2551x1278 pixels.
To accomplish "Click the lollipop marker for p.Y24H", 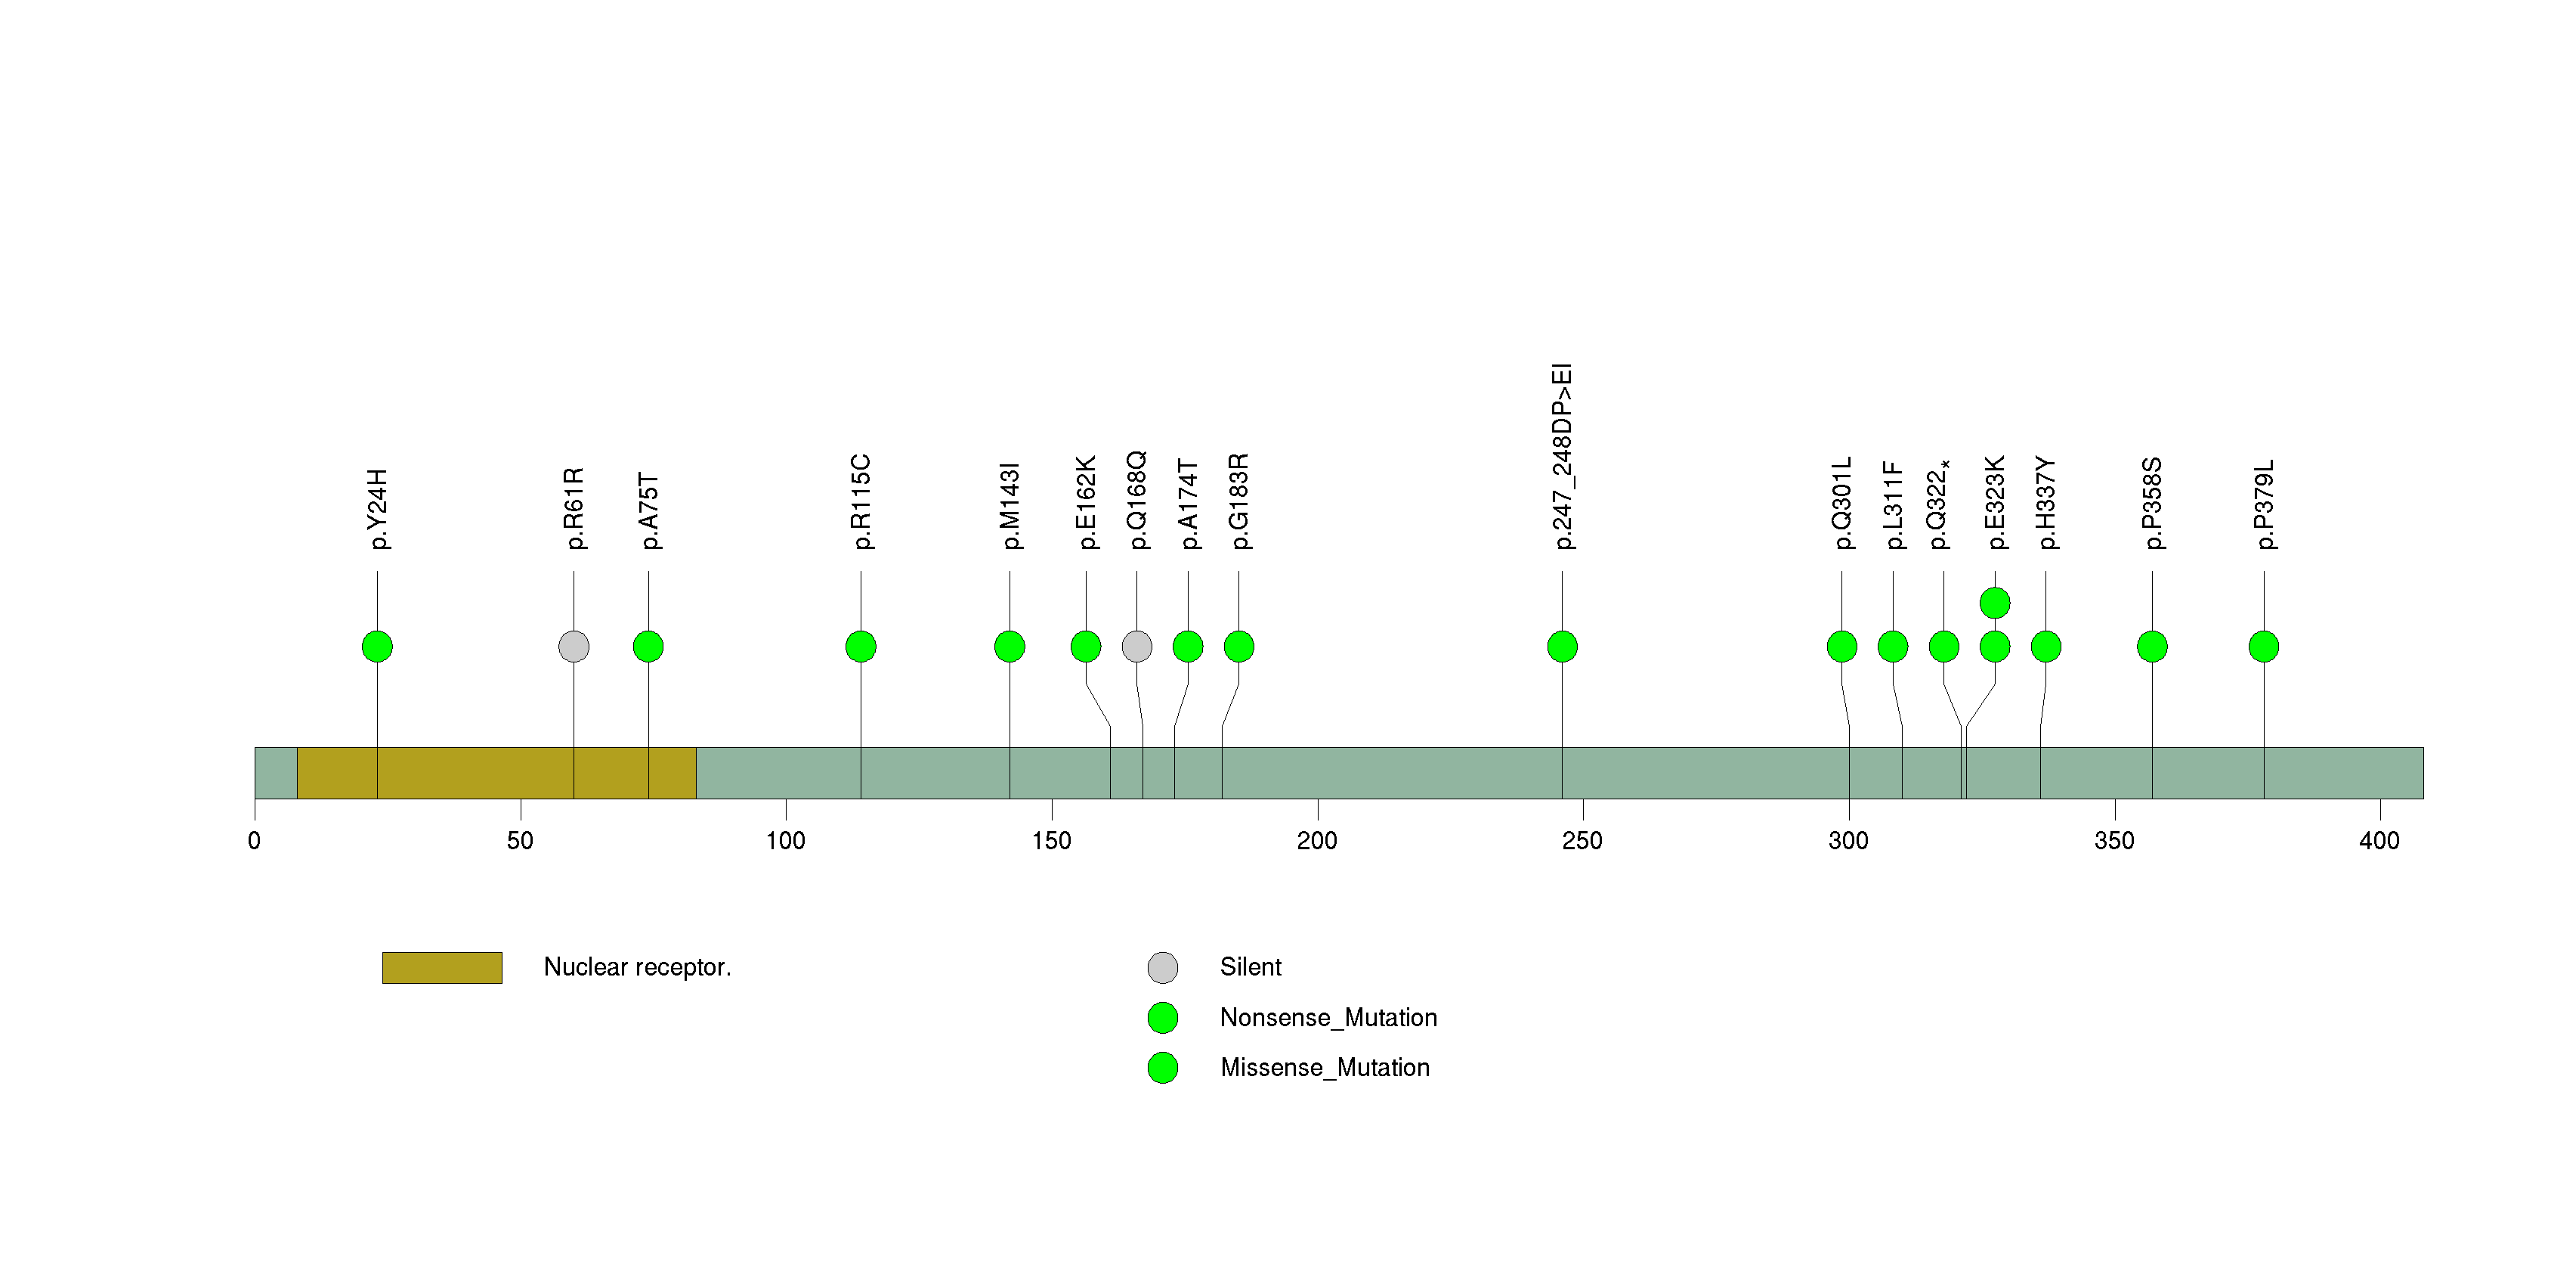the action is tap(377, 647).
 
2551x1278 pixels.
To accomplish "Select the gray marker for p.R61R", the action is tap(574, 647).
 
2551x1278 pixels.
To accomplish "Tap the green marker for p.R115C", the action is tap(861, 647).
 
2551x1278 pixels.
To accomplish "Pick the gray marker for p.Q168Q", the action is tap(1137, 647).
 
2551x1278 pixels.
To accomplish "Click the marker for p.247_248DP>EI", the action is tap(1562, 647).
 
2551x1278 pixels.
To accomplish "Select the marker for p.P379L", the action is tap(2264, 647).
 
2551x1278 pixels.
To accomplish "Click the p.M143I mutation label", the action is tap(1010, 505).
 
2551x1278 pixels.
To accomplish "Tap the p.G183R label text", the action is tap(1239, 501).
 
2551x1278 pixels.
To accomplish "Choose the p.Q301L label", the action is tap(1842, 504).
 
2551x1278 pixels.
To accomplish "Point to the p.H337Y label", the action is tap(2046, 504).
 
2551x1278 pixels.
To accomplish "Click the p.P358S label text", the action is tap(2152, 504).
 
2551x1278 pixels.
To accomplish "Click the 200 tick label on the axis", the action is tap(1317, 841).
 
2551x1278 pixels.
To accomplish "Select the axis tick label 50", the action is tap(520, 841).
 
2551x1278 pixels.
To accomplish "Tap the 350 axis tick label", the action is tap(2114, 841).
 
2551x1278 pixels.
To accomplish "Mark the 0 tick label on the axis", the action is tap(255, 841).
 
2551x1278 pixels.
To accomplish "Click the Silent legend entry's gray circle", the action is tap(1163, 968).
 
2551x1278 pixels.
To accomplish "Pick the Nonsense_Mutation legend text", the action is tap(1328, 1017).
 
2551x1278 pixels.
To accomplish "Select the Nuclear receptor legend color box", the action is tap(443, 968).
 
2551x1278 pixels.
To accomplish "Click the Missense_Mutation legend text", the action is tap(1325, 1067).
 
